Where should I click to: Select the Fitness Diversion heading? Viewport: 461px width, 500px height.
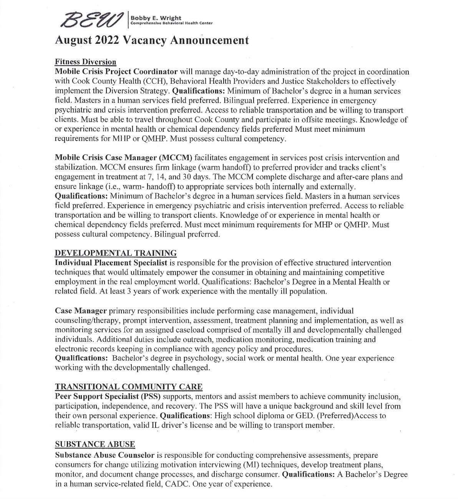click(x=85, y=62)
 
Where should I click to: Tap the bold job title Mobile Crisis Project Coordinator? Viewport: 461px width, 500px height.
click(x=116, y=72)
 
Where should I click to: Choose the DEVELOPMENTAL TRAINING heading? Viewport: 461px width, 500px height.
click(x=116, y=253)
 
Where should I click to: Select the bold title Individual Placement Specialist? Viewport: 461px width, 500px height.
click(x=111, y=263)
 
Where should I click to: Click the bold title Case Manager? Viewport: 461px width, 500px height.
click(x=81, y=311)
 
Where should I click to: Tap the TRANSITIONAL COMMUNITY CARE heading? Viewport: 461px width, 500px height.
click(x=128, y=387)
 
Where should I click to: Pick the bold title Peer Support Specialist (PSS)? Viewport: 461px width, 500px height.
click(x=108, y=396)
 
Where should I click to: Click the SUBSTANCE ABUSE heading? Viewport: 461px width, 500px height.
click(x=95, y=444)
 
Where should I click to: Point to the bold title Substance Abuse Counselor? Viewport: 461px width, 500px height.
click(x=104, y=455)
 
